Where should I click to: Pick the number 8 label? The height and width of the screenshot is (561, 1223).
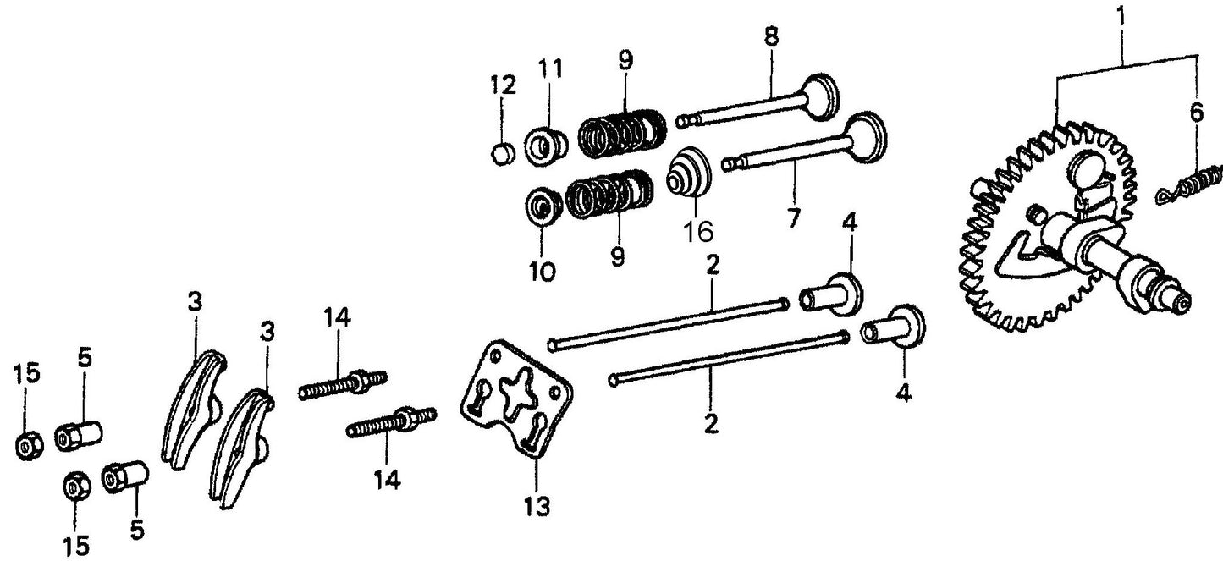[771, 38]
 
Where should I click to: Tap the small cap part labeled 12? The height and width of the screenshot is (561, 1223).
[504, 153]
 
